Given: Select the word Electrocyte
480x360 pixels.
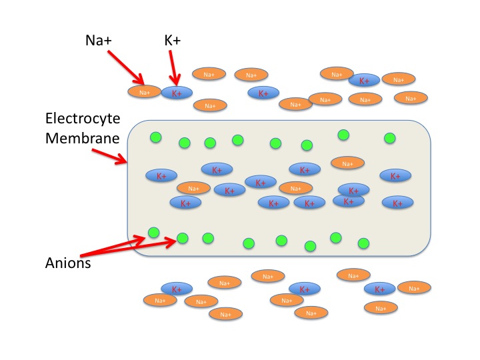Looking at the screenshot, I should click(x=83, y=119).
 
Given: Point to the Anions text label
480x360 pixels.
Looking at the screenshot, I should click(x=68, y=262).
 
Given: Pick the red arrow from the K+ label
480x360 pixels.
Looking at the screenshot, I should click(x=175, y=70).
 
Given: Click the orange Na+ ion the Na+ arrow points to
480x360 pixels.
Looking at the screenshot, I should click(x=144, y=92).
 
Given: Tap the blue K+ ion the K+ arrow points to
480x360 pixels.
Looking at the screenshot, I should click(x=177, y=93).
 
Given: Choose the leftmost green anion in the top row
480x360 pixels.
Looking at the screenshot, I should click(x=155, y=137).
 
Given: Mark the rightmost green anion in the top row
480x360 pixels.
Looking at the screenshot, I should click(x=390, y=138).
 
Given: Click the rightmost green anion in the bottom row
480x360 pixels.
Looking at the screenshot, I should click(x=363, y=243).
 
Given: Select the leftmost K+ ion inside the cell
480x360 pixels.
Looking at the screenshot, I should click(x=161, y=176).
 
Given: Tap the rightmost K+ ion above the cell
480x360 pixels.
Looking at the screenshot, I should click(x=364, y=80).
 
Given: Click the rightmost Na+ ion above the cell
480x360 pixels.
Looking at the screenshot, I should click(x=410, y=98).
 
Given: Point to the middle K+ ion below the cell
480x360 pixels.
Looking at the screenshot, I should click(x=305, y=289).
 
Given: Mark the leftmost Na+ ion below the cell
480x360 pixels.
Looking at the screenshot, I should click(x=159, y=300).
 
